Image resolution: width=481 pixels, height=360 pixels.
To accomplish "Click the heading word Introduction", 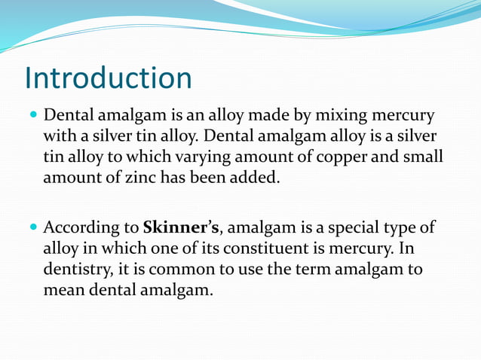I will click(108, 78).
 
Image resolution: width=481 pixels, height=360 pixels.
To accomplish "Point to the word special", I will click(360, 227).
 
